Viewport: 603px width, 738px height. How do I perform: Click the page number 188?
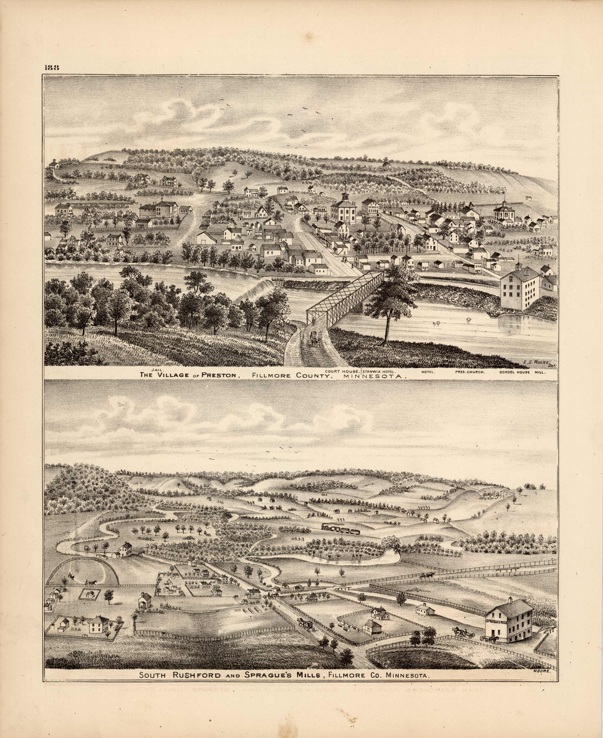click(52, 68)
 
